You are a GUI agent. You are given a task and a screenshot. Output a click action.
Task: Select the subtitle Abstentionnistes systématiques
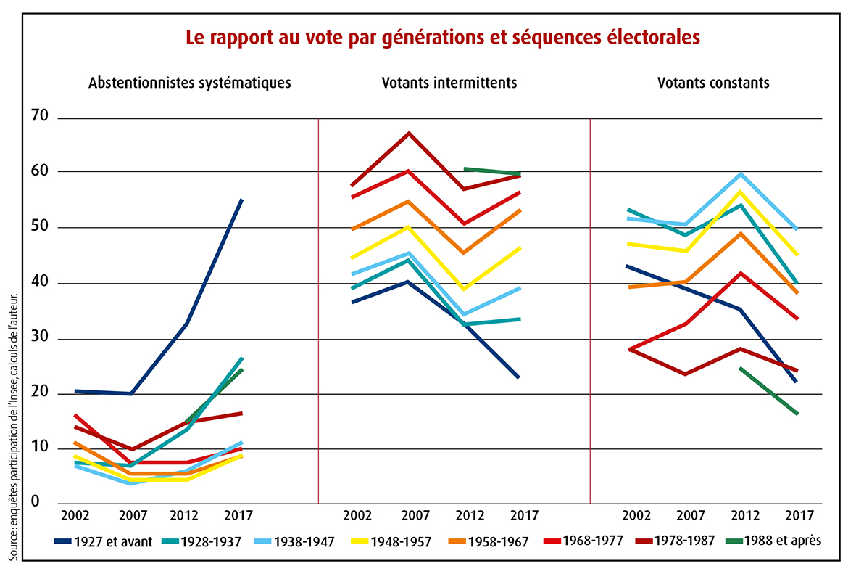point(189,83)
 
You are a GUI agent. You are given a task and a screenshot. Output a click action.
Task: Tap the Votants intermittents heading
point(449,83)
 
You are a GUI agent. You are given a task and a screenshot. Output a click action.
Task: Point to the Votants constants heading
point(713,83)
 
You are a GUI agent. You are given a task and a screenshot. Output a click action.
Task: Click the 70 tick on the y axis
point(41,116)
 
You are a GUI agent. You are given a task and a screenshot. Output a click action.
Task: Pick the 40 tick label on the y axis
point(41,282)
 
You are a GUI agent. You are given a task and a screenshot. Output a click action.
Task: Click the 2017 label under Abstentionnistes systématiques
point(238,515)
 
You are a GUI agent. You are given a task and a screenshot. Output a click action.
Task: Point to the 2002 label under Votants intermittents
point(357,515)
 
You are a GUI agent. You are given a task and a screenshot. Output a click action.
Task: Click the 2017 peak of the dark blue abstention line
point(242,200)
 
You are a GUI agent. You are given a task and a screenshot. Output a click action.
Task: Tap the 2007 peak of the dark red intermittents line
point(409,134)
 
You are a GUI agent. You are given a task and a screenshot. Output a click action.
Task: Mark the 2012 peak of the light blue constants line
point(741,174)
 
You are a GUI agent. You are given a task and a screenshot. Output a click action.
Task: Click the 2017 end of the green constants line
point(797,414)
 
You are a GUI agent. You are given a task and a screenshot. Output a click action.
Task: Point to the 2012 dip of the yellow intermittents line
point(464,290)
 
